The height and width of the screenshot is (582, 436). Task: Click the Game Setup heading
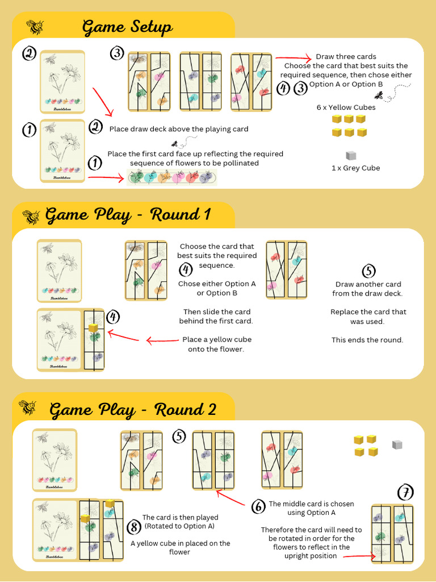coord(127,27)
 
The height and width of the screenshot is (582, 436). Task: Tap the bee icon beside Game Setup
coord(35,26)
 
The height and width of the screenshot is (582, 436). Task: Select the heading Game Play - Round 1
coord(128,214)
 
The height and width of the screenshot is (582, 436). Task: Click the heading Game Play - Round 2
coord(133,409)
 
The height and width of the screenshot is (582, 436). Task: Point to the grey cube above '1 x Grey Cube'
coord(351,155)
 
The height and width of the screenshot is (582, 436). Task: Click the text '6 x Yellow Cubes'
coord(346,107)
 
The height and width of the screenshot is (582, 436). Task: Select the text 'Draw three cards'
coord(346,56)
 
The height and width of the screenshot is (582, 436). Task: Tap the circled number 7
coord(405,492)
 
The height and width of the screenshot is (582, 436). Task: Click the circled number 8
coord(134,527)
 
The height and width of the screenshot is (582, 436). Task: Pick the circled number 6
coord(258,506)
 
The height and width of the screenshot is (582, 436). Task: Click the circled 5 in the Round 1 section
coord(368,271)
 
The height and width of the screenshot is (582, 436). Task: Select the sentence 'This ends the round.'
coord(367,340)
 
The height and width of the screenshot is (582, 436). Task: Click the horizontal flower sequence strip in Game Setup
coord(172,177)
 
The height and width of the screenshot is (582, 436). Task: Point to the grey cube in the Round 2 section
coord(397,444)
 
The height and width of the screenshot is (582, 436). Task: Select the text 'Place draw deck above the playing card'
coord(179,129)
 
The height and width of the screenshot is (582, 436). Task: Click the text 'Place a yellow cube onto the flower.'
coord(216,344)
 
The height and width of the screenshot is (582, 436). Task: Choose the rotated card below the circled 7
coord(392,534)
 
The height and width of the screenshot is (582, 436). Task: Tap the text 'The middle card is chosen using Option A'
coord(311,508)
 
